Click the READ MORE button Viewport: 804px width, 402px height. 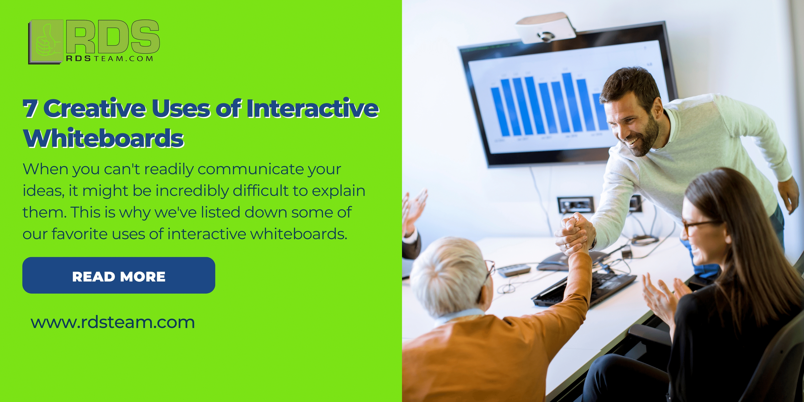(x=119, y=275)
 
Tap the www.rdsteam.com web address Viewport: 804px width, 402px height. (x=113, y=322)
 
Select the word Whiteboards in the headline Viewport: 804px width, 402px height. (x=104, y=138)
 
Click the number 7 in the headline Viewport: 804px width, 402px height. (x=30, y=108)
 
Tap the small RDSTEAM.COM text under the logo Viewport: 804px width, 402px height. (x=110, y=58)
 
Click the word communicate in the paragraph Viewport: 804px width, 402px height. (x=251, y=169)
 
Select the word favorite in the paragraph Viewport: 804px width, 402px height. (x=80, y=234)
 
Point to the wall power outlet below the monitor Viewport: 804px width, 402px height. (x=575, y=204)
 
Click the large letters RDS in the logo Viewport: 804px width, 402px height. (x=113, y=37)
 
